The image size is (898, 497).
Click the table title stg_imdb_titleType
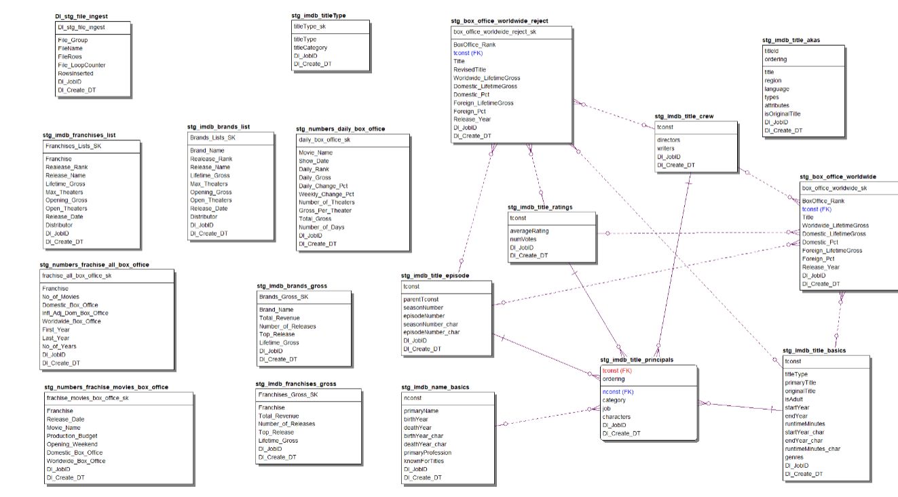[x=318, y=15]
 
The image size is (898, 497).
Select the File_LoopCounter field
[x=81, y=65]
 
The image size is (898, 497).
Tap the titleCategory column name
[x=310, y=47]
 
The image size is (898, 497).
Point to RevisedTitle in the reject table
[x=470, y=70]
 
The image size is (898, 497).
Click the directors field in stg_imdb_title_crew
[x=669, y=140]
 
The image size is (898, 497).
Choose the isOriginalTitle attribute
[x=783, y=114]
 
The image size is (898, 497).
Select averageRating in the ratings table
[x=529, y=231]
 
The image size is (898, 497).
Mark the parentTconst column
[x=421, y=299]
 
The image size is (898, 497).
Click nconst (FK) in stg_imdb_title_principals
[x=617, y=392]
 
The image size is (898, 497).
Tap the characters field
[x=616, y=417]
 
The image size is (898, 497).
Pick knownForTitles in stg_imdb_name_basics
[x=424, y=461]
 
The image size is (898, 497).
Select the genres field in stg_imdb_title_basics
[x=794, y=458]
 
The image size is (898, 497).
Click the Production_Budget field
[x=72, y=436]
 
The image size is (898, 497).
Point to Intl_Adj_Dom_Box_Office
[x=75, y=313]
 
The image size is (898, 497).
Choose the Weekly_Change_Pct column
[x=326, y=194]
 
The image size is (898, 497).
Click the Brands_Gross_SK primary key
[x=284, y=297]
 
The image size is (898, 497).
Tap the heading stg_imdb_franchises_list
[x=79, y=135]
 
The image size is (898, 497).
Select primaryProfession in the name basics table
[x=428, y=452]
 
